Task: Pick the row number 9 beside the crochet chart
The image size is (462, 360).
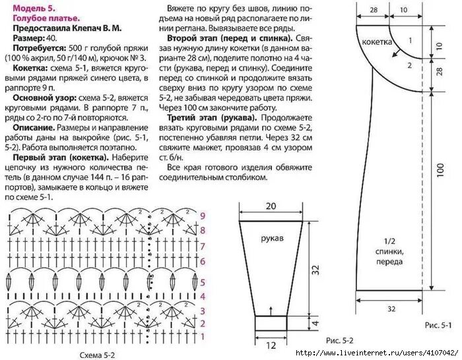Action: click(x=203, y=216)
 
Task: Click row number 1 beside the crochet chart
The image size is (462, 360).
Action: click(x=203, y=337)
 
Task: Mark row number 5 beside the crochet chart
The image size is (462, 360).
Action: click(x=203, y=281)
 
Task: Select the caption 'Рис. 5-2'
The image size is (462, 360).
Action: click(x=340, y=341)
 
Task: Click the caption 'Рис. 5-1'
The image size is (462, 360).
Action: click(x=436, y=326)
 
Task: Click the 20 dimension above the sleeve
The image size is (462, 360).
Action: click(x=271, y=206)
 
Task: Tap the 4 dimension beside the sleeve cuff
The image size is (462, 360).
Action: click(x=315, y=323)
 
